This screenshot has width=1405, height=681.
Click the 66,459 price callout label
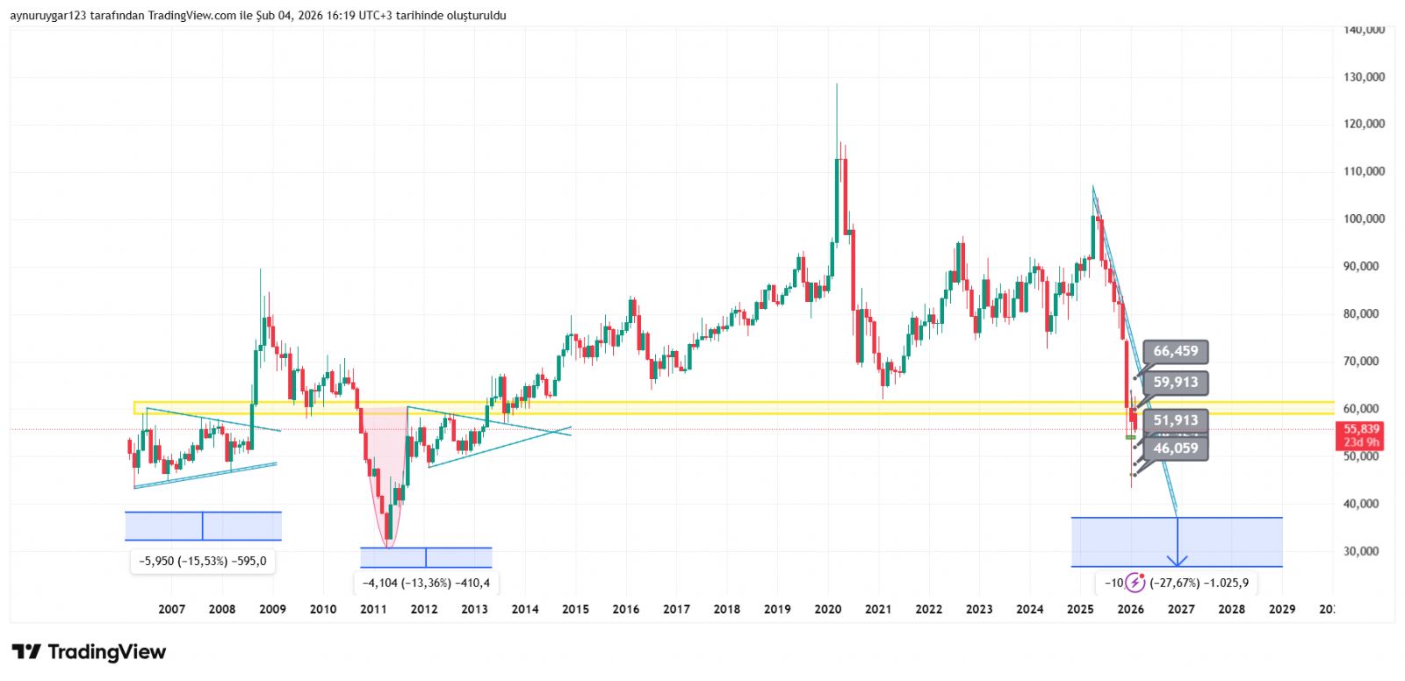click(x=1175, y=352)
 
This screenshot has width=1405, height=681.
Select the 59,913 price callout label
click(x=1175, y=383)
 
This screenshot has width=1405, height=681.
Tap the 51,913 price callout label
click(x=1175, y=420)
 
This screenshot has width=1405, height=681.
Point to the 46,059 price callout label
click(x=1175, y=448)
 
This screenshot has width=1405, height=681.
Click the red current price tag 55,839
click(x=1360, y=429)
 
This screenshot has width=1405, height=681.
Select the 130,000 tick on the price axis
click(x=1363, y=77)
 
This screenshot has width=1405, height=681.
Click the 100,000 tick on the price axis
click(x=1363, y=219)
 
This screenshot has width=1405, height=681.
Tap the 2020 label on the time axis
click(x=827, y=609)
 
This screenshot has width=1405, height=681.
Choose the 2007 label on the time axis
click(x=171, y=609)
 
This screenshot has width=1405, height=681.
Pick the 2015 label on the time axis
click(x=575, y=609)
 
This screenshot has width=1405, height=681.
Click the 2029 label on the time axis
click(x=1282, y=609)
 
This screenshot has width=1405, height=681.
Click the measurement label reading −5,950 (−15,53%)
click(x=203, y=561)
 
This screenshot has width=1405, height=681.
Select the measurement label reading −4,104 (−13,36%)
click(x=426, y=583)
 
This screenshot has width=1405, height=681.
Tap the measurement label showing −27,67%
click(x=1199, y=583)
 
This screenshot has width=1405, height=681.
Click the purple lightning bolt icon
click(x=1135, y=582)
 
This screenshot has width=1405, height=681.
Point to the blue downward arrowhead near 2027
click(x=1177, y=561)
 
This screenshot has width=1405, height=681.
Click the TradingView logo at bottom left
click(x=89, y=652)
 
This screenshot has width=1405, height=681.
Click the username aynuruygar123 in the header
click(x=48, y=16)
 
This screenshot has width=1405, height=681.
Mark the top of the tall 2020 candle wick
click(x=837, y=84)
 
